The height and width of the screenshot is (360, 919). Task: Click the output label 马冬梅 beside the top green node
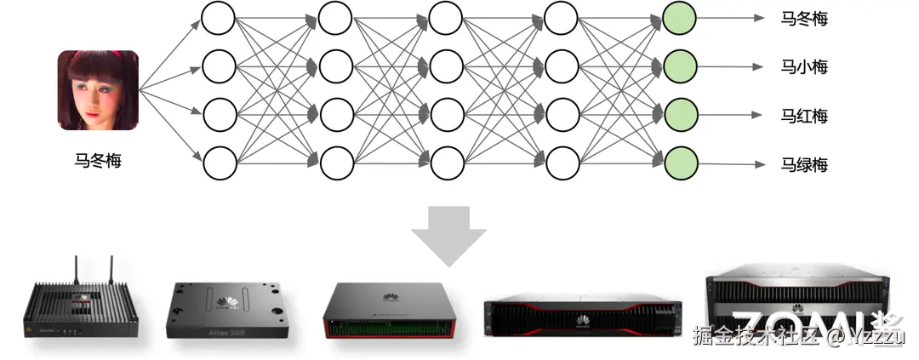[804, 18]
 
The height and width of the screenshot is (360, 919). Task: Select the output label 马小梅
[804, 66]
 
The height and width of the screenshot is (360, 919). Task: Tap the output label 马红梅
[804, 116]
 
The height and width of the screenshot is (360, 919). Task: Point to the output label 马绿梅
[804, 164]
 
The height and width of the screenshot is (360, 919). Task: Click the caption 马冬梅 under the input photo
[98, 159]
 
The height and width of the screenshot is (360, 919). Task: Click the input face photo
[98, 90]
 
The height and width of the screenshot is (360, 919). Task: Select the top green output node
[680, 18]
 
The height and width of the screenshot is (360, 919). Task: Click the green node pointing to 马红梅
[680, 113]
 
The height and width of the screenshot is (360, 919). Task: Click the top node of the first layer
[219, 18]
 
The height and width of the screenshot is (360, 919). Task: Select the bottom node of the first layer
[219, 161]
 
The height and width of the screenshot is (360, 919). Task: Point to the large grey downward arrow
[448, 234]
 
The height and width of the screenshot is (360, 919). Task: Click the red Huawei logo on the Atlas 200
[228, 300]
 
